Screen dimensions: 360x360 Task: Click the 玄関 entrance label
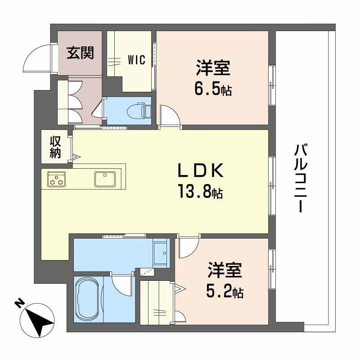tap(81, 53)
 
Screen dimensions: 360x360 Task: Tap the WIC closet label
tap(136, 60)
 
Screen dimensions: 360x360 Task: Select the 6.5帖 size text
tap(213, 90)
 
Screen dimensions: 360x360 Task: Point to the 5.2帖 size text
tap(225, 292)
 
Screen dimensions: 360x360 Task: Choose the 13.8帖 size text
tap(200, 193)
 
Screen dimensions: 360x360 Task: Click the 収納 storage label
tap(55, 147)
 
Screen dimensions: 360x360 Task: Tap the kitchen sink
tap(105, 179)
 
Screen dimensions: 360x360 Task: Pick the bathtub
tap(89, 299)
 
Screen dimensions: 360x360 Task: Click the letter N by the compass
tap(18, 304)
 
